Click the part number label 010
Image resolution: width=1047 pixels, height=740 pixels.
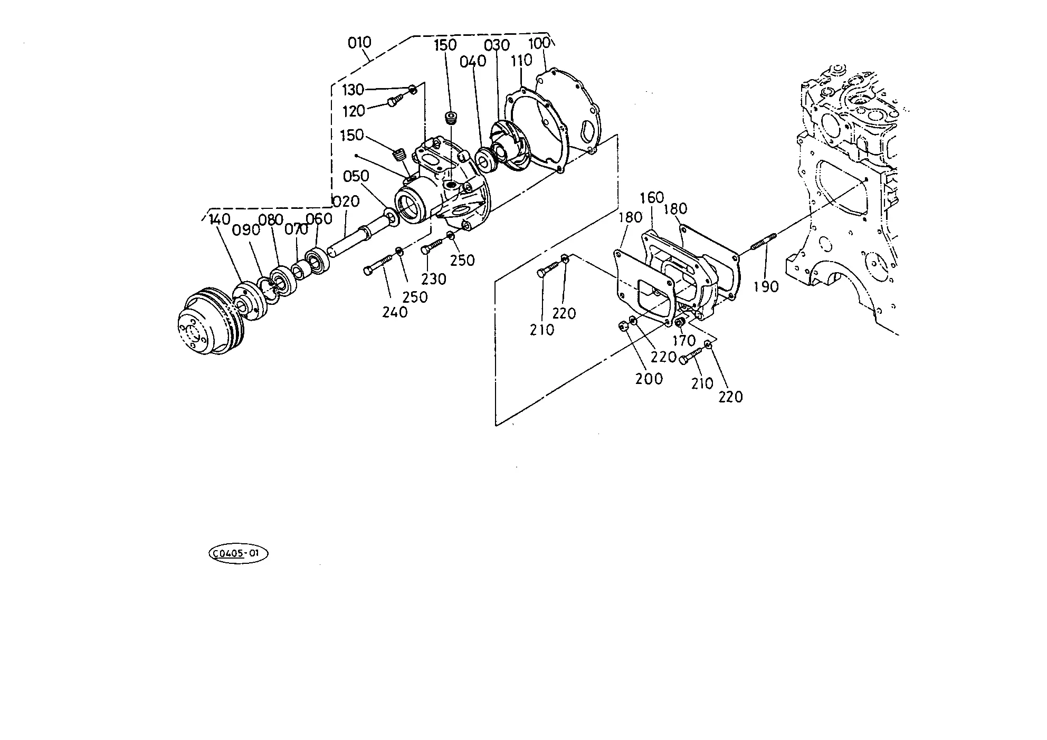359,42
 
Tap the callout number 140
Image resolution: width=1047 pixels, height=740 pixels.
220,218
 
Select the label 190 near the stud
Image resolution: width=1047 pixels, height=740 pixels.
766,286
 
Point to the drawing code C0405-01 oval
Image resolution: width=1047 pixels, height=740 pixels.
239,553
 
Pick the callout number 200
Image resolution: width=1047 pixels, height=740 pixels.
649,378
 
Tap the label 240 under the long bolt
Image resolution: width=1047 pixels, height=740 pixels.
395,312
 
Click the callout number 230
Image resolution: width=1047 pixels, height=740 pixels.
434,278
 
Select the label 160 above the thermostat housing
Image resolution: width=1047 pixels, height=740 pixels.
652,198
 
